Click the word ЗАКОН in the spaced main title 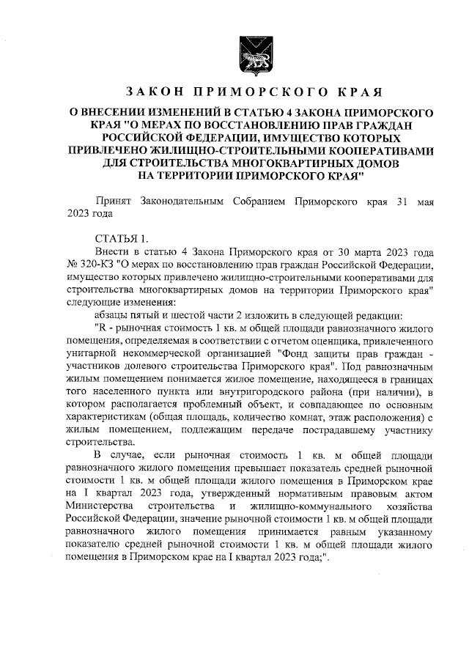[x=155, y=92]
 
